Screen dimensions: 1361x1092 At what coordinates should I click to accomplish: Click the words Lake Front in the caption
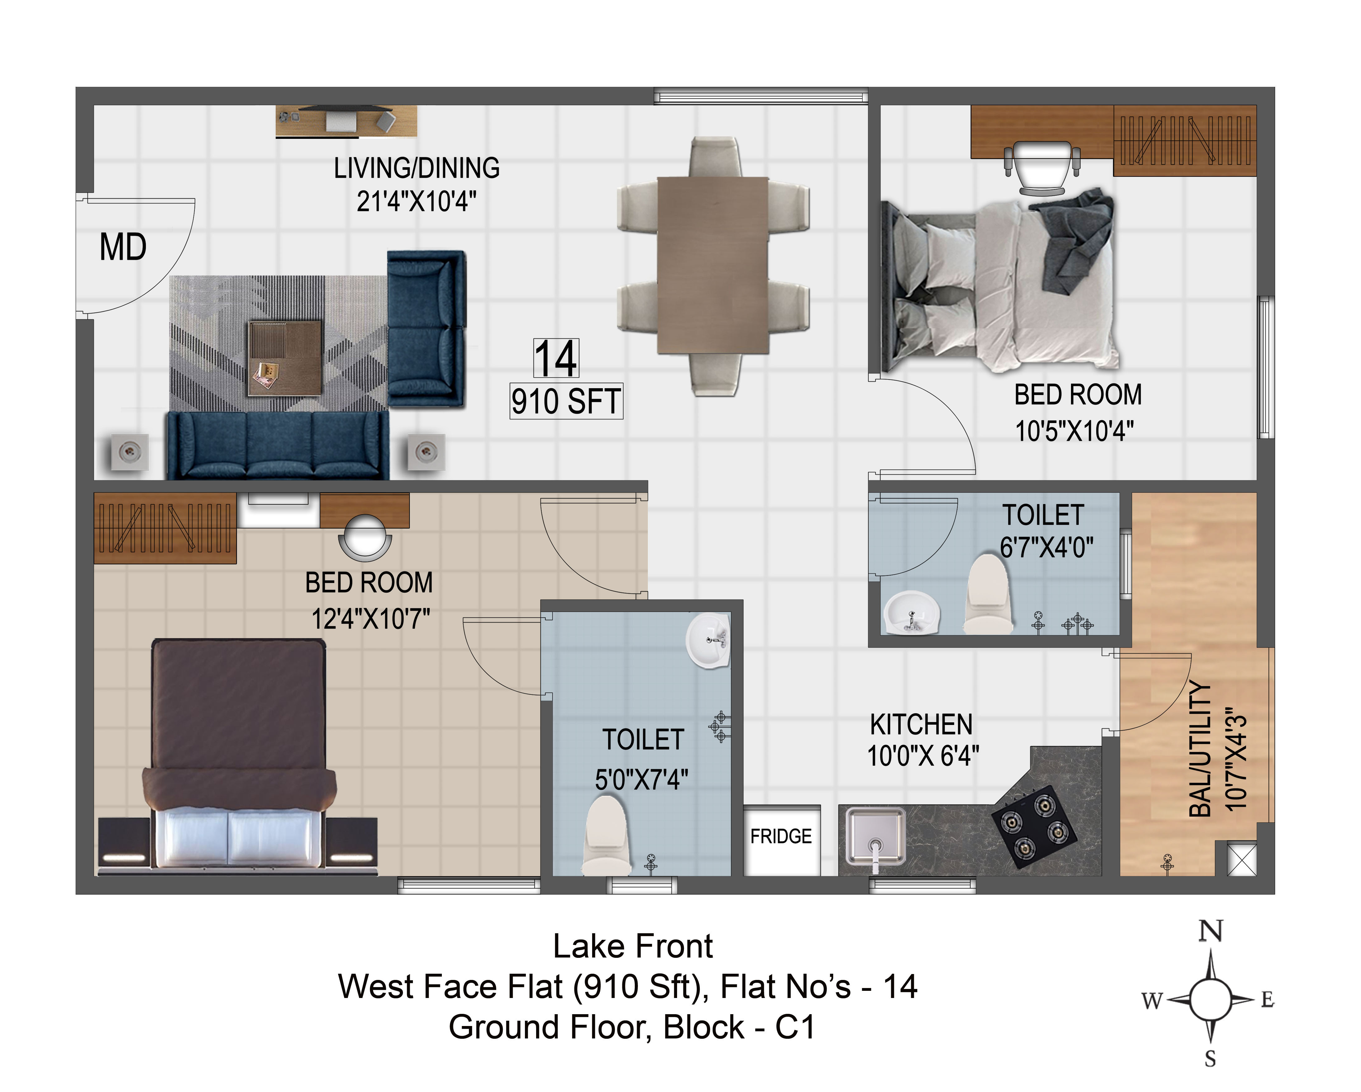(x=633, y=946)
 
